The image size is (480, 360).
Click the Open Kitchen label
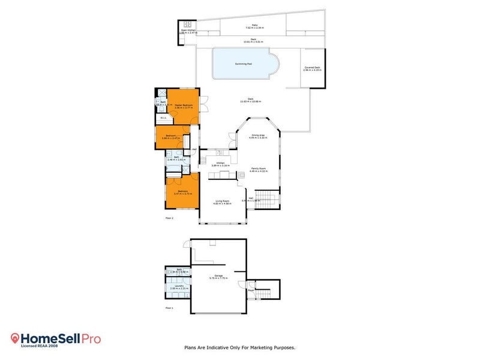(188, 30)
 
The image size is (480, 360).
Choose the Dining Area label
(259, 136)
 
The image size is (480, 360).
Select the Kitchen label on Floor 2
(220, 163)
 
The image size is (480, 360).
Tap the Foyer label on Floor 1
(251, 290)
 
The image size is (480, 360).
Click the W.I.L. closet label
(163, 118)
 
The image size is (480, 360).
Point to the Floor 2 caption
(169, 218)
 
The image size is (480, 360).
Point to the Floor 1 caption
(169, 308)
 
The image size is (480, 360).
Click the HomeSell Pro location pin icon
(16, 339)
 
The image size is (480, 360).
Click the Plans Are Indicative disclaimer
(239, 347)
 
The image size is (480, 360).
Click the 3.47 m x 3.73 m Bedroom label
(182, 193)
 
